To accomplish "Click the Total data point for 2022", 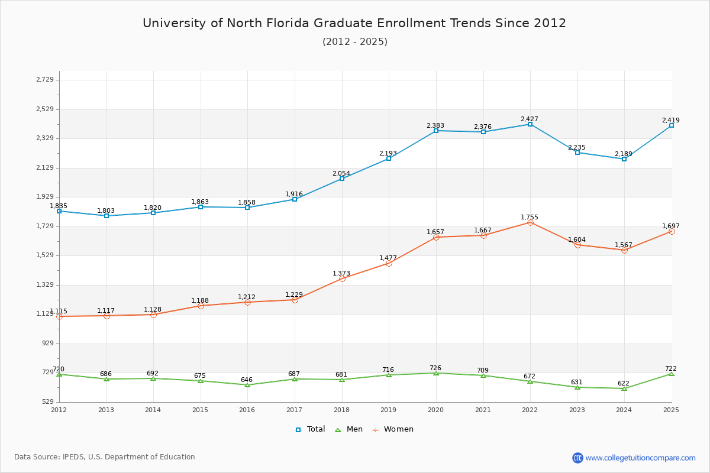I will tap(530, 124).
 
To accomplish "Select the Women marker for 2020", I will tap(436, 237).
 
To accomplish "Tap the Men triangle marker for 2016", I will tap(247, 385).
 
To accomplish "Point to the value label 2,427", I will tap(530, 119).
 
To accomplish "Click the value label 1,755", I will tap(530, 217).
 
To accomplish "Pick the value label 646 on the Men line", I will tap(247, 380).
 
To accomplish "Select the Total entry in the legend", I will tap(310, 429).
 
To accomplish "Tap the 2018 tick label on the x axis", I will tap(341, 409).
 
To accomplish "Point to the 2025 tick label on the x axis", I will tap(671, 409).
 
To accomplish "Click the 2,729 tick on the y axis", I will tap(45, 80).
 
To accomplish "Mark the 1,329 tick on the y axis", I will tap(45, 284).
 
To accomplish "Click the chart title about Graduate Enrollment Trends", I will tap(354, 23).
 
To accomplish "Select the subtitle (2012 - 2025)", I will tap(354, 41).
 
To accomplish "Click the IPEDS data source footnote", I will tap(105, 457).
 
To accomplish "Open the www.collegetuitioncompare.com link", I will tap(640, 458).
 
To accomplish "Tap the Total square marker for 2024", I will tap(624, 159).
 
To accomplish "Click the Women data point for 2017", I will tap(295, 300).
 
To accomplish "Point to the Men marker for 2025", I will tap(672, 374).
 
